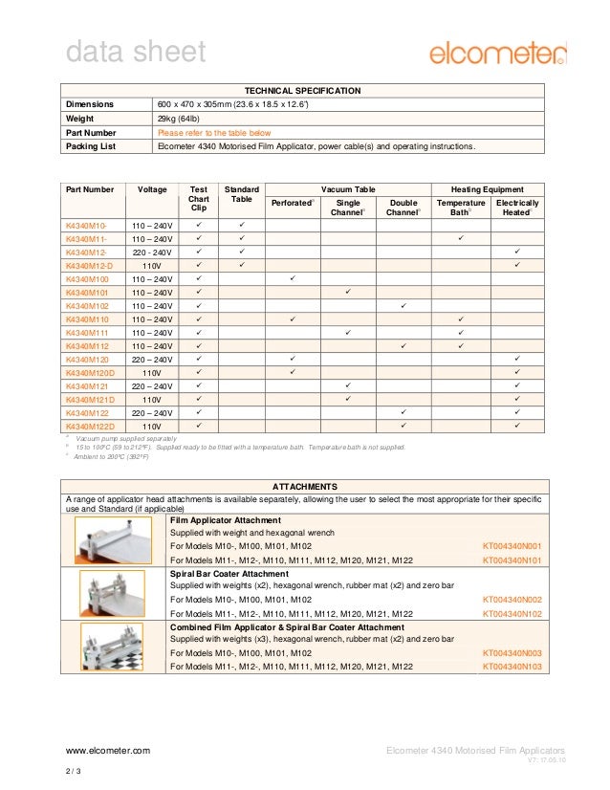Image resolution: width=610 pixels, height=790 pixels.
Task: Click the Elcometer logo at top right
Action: [x=497, y=52]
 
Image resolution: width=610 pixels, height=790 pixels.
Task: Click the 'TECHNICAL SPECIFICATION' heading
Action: [x=305, y=91]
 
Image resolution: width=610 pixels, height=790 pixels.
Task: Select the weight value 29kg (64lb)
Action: [x=179, y=119]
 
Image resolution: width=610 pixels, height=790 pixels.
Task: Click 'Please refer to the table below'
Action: [x=214, y=133]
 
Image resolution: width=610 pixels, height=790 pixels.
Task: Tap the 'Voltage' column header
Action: [x=153, y=189]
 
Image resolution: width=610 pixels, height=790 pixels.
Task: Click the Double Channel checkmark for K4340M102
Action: [x=403, y=305]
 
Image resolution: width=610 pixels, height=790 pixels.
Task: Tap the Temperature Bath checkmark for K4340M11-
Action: [x=461, y=237]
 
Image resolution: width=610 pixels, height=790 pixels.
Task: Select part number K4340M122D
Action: [x=90, y=426]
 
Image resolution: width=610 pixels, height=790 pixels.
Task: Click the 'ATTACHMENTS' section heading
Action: [x=305, y=486]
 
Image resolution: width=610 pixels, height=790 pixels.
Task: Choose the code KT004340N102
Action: [x=512, y=614]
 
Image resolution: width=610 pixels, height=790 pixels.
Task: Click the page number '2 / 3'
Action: [x=74, y=772]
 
